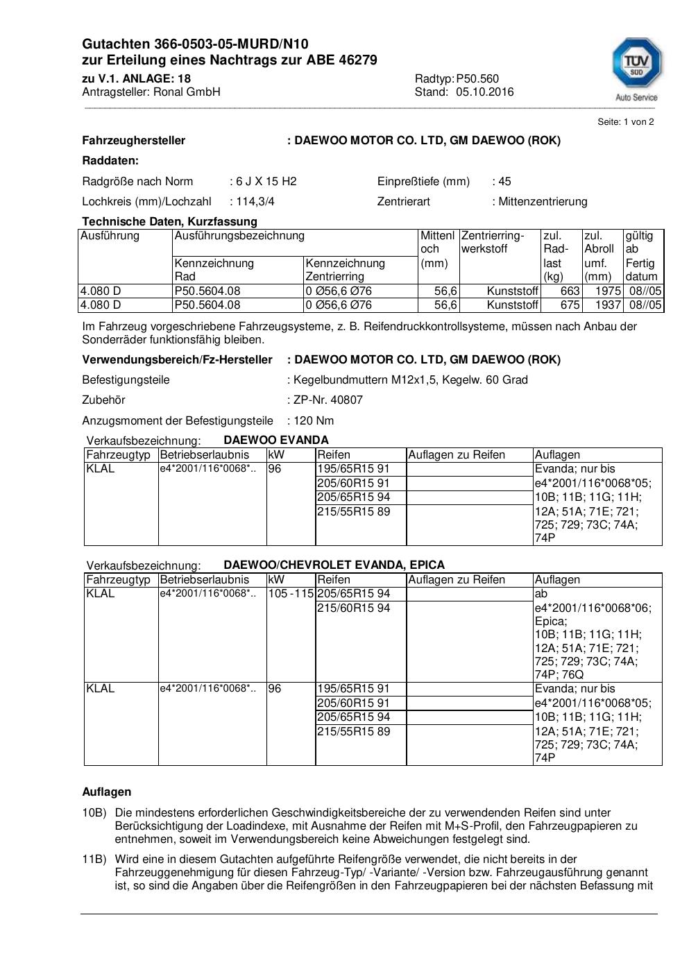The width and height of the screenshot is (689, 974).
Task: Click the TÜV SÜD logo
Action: [x=636, y=68]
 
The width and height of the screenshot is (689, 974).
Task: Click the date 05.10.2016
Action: [x=485, y=92]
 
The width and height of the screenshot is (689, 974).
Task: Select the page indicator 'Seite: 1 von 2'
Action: [x=626, y=121]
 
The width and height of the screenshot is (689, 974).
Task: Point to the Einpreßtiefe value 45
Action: [x=504, y=181]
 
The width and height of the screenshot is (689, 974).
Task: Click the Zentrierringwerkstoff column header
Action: [x=493, y=242]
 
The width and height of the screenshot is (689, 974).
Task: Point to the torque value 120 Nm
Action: [x=314, y=420]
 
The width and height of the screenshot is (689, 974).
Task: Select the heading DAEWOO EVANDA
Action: [x=276, y=440]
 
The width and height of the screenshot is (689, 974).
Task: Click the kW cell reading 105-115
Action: [x=291, y=593]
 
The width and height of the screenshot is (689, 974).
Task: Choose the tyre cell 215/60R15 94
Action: [x=353, y=608]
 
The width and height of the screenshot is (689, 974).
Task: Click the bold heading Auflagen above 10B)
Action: [x=106, y=792]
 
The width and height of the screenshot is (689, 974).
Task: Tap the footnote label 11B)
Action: [x=94, y=859]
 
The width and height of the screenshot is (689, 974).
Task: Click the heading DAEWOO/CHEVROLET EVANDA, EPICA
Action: [x=334, y=565]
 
